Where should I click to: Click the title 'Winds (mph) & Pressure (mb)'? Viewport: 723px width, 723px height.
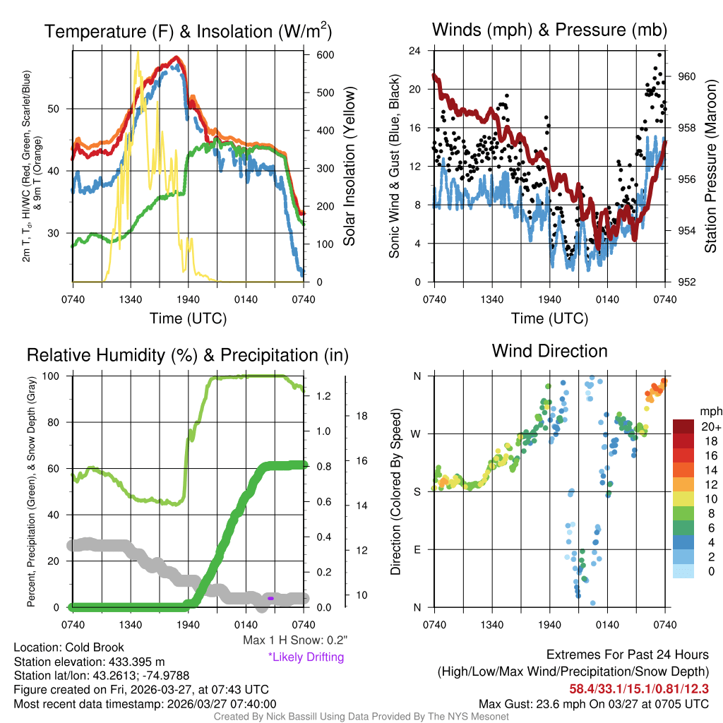(549, 30)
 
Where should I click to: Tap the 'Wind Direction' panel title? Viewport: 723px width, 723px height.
(549, 351)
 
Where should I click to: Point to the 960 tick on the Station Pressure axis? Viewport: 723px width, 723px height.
(687, 76)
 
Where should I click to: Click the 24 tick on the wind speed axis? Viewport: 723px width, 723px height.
(415, 51)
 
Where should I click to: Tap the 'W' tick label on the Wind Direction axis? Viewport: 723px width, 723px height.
(417, 434)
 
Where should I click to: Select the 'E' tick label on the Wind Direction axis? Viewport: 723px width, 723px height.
(417, 549)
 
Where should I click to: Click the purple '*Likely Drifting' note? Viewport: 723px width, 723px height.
(306, 657)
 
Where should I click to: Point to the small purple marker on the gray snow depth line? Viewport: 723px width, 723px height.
(270, 598)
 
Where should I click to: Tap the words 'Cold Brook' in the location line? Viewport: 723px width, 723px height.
(95, 647)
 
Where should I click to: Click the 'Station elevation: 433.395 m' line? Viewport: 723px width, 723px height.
(89, 662)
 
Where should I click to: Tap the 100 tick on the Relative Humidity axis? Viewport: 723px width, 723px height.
(56, 376)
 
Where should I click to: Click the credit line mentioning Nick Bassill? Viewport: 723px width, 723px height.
(361, 717)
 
